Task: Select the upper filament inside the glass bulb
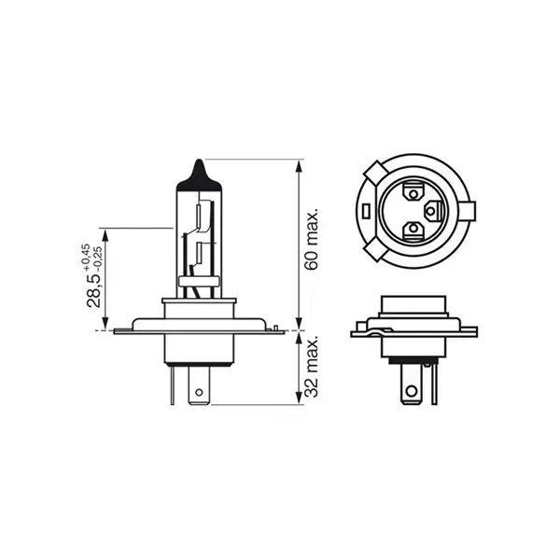pos(199,217)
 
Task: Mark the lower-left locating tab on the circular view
pos(372,251)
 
